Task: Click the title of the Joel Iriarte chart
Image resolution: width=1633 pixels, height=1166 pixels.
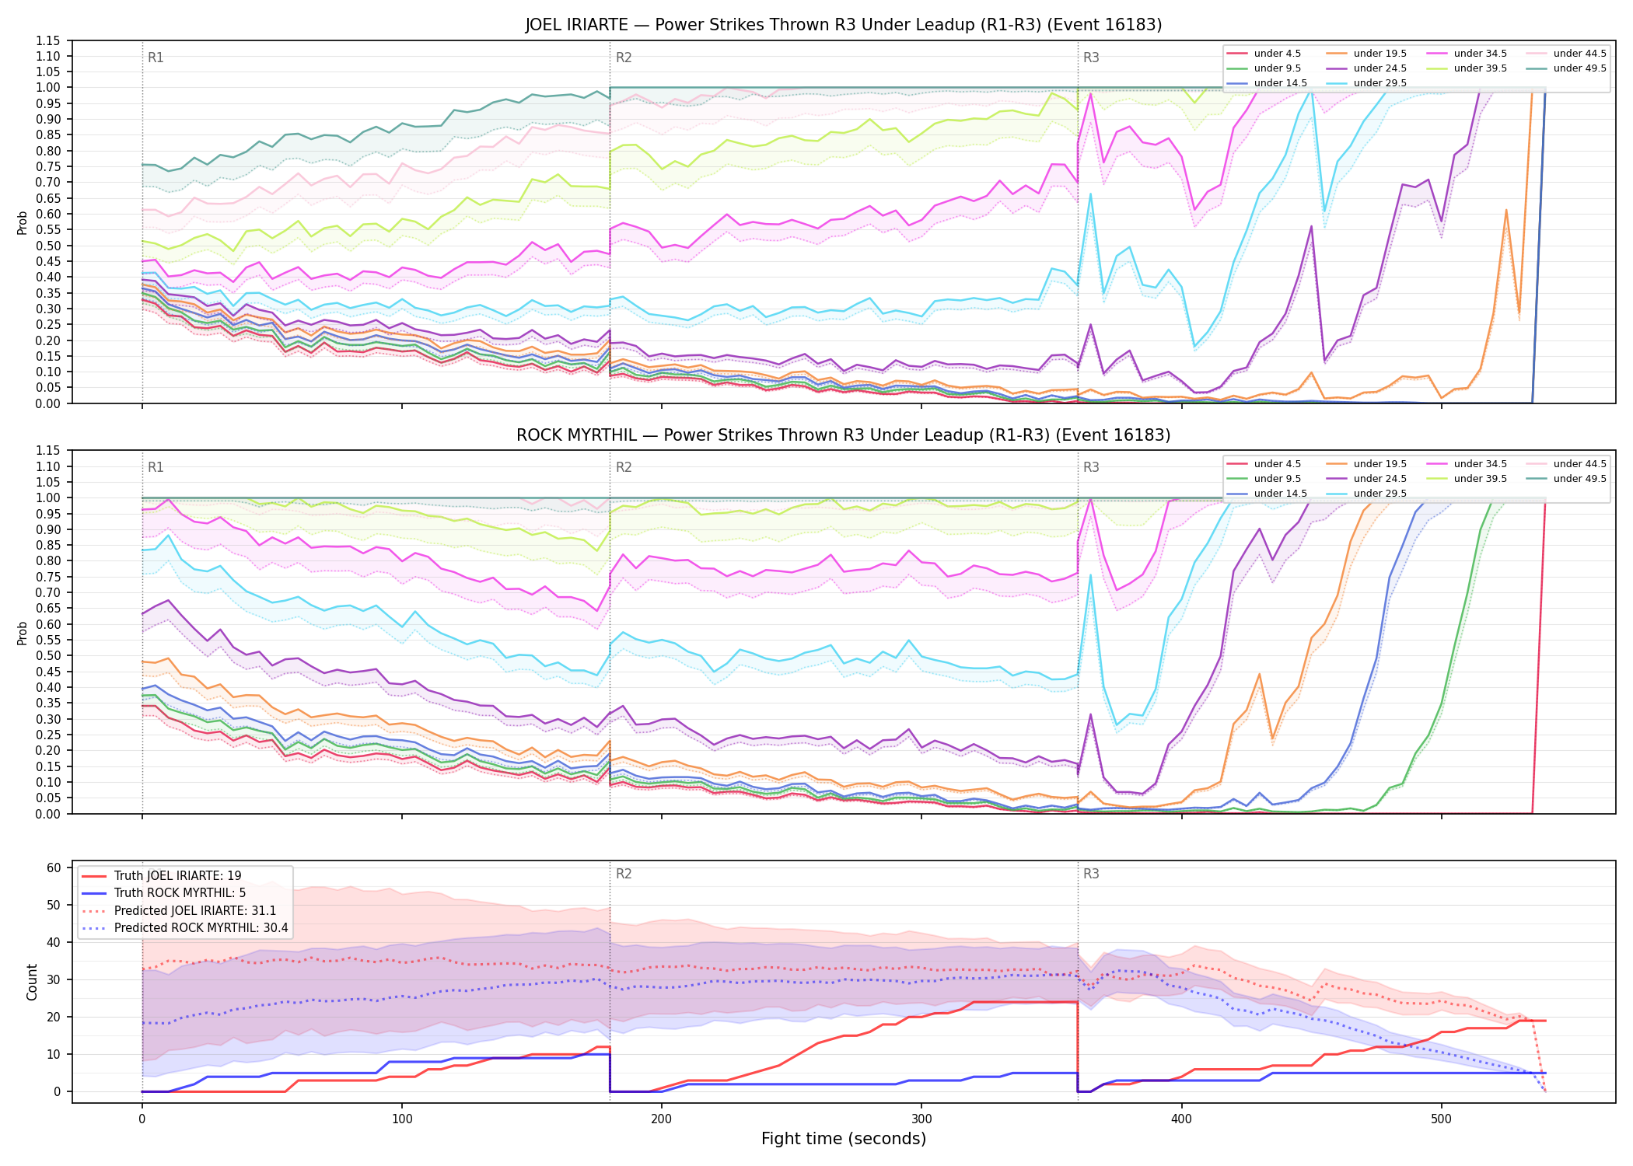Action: [844, 25]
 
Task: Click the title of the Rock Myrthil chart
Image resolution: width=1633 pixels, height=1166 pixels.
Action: [844, 435]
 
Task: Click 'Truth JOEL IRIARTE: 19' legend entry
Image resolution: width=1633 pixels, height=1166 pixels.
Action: [178, 876]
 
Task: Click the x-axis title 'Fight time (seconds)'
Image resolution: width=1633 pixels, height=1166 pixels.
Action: [844, 1139]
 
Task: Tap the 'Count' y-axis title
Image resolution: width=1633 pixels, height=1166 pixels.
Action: [32, 982]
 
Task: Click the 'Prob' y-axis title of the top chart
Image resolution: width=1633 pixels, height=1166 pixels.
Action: [22, 222]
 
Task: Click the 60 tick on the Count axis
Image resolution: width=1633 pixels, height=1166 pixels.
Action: [54, 868]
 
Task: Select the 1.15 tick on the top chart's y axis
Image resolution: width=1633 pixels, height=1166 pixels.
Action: [48, 40]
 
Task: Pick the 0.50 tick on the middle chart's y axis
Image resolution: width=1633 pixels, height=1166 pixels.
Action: [48, 655]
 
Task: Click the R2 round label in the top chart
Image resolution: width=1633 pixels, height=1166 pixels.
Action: [624, 58]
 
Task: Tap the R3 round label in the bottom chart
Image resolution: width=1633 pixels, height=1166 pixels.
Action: [1091, 874]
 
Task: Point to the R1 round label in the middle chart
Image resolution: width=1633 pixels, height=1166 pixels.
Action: [156, 467]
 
